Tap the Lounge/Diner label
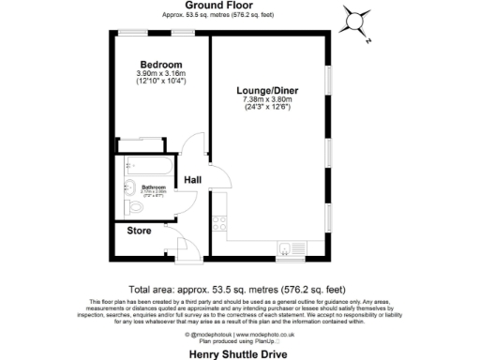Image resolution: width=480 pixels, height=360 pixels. tap(267, 90)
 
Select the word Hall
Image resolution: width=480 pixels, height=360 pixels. tap(193, 179)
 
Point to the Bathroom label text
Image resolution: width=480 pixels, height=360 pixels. tap(154, 187)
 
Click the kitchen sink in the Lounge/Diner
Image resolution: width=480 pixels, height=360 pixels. tap(284, 247)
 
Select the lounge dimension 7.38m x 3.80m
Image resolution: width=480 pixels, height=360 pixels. tap(267, 99)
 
